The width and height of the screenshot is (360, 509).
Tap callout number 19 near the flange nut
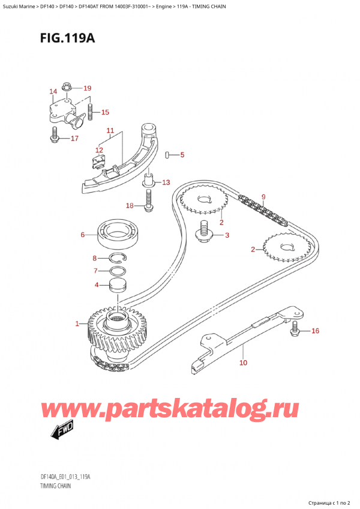click(87, 88)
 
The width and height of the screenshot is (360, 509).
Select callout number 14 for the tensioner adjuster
click(53, 92)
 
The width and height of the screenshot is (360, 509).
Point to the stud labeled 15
click(91, 111)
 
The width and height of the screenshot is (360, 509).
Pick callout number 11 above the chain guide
click(110, 130)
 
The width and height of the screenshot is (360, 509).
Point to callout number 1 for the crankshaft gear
click(77, 324)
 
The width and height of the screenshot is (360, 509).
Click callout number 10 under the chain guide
click(243, 363)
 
